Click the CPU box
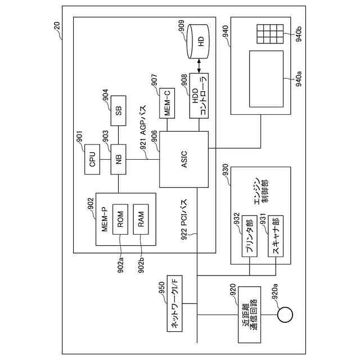[x=92, y=159]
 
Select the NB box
[x=119, y=159]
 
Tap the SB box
[x=119, y=111]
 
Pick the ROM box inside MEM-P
[x=120, y=219]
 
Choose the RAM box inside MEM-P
[x=141, y=219]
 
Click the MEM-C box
[x=167, y=103]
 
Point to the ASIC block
[x=184, y=159]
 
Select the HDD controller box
[x=199, y=96]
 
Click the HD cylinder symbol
[x=199, y=41]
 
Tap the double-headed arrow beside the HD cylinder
[x=199, y=66]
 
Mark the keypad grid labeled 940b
[x=270, y=34]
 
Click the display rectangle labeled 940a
[x=266, y=79]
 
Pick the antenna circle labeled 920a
[x=285, y=314]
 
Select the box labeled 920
[x=249, y=314]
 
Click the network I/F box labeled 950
[x=174, y=303]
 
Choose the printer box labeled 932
[x=250, y=236]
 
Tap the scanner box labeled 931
[x=276, y=236]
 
